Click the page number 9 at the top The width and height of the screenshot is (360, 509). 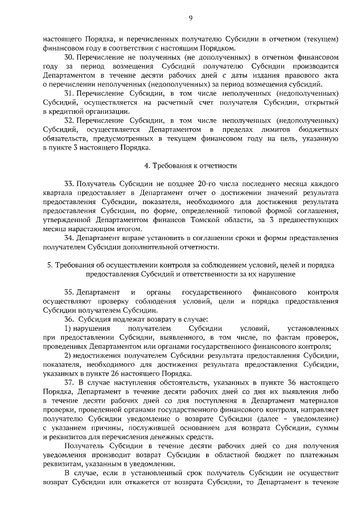pos(191,19)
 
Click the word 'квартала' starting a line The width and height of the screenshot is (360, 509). pos(57,193)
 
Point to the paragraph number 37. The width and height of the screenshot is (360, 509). pos(69,382)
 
